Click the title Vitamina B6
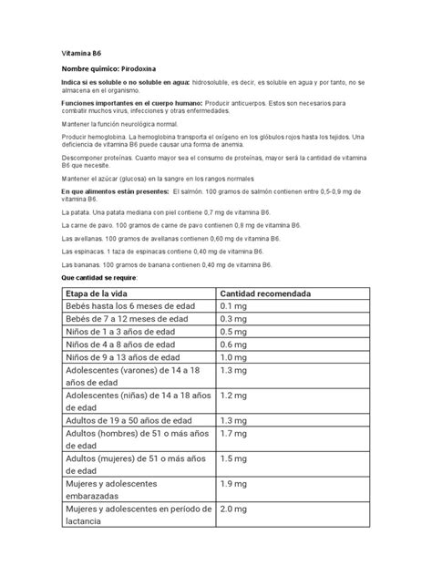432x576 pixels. pyautogui.click(x=80, y=54)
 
